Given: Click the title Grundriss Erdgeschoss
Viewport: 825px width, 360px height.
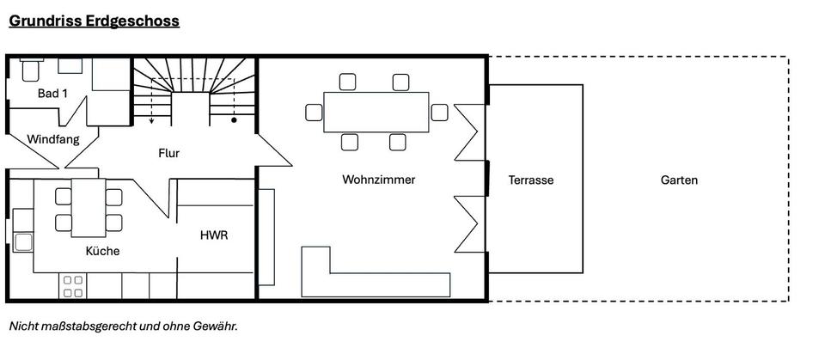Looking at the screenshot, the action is click(x=94, y=21).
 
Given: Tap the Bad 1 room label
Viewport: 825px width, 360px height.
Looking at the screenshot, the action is click(x=52, y=93).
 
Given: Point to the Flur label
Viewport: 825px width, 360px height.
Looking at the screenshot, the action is click(x=169, y=154).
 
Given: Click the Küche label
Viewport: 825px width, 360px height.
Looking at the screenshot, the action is click(x=102, y=251).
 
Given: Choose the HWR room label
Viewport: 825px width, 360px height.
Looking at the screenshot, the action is click(x=213, y=235).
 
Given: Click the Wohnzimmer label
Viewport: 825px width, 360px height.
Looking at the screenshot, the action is click(x=378, y=180).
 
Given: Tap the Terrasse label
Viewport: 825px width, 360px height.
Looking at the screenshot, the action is click(x=530, y=180).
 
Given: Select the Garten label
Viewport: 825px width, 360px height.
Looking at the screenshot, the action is click(x=679, y=180).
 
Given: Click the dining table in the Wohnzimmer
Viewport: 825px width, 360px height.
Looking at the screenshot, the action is click(x=376, y=112).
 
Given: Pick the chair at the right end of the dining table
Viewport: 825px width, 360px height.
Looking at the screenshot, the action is click(x=439, y=112).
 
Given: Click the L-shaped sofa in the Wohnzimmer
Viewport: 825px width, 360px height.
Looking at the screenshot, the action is click(x=376, y=282).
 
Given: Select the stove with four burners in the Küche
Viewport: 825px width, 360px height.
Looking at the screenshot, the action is click(x=73, y=286).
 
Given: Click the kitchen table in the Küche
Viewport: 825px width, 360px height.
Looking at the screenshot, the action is click(x=88, y=207).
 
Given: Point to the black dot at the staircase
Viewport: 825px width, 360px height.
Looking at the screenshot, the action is click(x=234, y=121).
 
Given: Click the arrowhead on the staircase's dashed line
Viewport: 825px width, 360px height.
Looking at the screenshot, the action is click(x=151, y=121).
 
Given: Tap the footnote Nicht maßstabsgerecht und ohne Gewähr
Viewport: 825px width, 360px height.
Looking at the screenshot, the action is click(x=123, y=326).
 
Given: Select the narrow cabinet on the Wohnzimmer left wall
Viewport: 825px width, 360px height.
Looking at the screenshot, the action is click(x=266, y=237).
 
